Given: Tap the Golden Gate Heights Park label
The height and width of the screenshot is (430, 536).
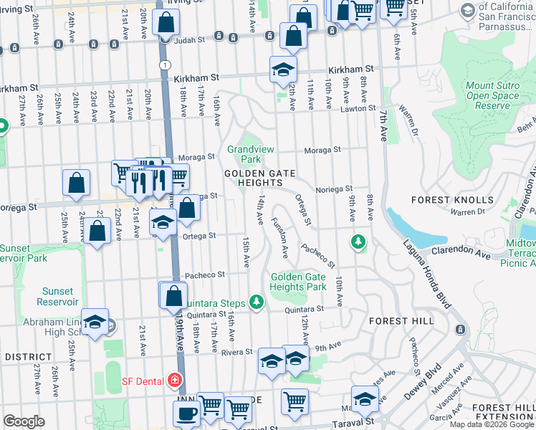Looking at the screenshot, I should (298, 282).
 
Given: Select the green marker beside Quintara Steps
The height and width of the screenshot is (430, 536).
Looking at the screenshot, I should (255, 302).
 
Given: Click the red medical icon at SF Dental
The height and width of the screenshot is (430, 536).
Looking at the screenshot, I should (173, 379).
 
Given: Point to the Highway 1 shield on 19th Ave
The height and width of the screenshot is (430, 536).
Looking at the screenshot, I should (166, 64).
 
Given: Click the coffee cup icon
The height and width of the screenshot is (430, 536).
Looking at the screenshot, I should (188, 413).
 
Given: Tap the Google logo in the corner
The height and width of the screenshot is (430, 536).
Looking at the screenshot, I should (24, 421).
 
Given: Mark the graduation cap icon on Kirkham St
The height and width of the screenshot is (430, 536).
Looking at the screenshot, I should (283, 70).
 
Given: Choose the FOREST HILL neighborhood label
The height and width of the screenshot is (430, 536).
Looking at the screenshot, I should (401, 321).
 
